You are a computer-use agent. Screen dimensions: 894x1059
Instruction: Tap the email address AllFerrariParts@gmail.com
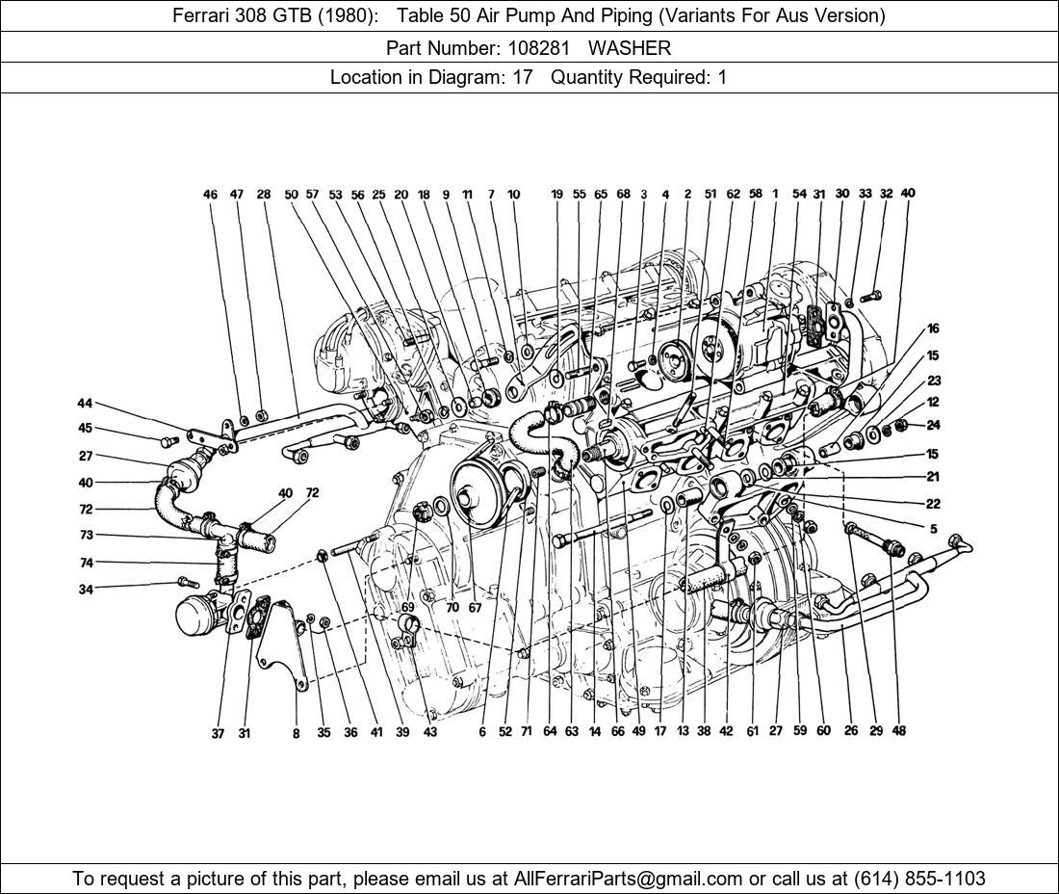629,879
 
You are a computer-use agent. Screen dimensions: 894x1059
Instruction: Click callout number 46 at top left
211,195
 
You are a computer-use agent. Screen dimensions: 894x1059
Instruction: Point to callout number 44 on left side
85,403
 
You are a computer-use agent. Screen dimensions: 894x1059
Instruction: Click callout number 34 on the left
86,589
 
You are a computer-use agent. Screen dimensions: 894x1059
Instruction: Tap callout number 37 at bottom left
218,733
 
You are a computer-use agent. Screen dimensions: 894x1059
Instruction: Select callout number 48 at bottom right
898,731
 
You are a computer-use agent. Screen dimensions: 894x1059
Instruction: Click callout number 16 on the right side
933,329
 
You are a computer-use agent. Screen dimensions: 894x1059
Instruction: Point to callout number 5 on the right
933,528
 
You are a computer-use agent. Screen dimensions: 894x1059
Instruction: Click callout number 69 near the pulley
407,608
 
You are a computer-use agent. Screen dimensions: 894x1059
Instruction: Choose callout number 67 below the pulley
475,608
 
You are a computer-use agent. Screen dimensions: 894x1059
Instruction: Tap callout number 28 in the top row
264,195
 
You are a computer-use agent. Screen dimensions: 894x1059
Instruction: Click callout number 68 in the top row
623,195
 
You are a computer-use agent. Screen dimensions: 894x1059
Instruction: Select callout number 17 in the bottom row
660,731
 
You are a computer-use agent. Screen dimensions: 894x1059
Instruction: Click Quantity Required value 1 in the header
722,77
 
